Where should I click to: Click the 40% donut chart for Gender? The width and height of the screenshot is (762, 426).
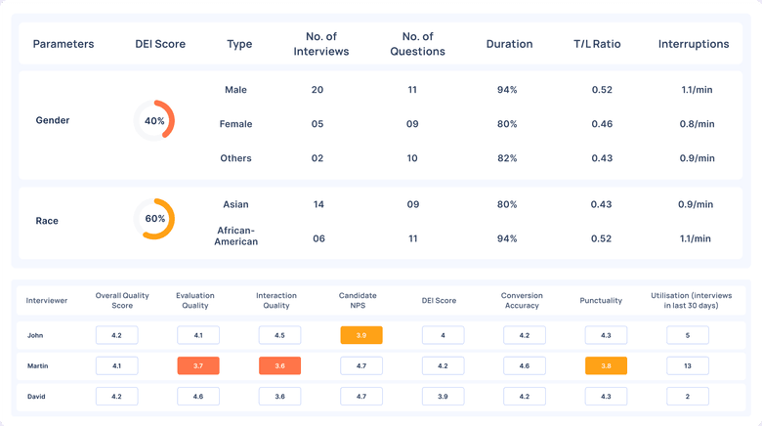click(154, 121)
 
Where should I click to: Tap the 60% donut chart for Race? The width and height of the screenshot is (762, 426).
click(154, 219)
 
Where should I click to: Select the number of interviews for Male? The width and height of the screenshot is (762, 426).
click(317, 90)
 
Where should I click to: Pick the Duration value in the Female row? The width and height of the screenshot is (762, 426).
click(506, 124)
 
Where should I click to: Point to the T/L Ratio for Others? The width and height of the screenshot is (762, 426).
click(602, 158)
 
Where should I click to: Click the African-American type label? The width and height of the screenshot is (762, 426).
click(236, 234)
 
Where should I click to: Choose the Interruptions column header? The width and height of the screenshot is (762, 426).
click(694, 44)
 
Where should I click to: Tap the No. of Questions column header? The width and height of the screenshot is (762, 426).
click(412, 44)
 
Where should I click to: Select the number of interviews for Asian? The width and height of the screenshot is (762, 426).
click(317, 204)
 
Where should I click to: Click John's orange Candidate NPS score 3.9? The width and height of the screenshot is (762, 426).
click(361, 335)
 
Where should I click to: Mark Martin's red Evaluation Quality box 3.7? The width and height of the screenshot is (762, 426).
click(198, 366)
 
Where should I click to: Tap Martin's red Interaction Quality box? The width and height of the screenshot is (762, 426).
click(279, 366)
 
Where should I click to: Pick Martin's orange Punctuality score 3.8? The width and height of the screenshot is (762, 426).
click(606, 366)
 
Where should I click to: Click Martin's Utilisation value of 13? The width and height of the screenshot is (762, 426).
click(688, 366)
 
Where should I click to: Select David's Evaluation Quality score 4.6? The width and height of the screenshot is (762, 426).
click(198, 397)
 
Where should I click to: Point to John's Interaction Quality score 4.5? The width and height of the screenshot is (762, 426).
click(279, 335)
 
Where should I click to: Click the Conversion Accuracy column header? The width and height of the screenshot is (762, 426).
click(521, 300)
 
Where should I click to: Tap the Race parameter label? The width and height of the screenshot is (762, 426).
click(47, 221)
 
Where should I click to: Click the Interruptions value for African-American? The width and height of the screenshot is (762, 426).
click(697, 238)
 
